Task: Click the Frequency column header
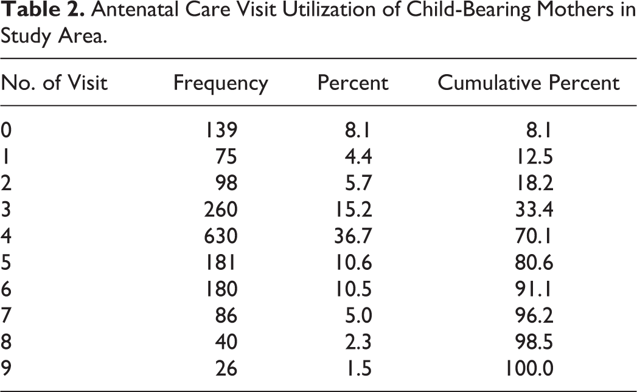tap(221, 84)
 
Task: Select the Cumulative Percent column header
tap(529, 83)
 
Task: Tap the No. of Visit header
tap(54, 83)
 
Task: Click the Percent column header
tap(353, 83)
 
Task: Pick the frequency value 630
tap(221, 236)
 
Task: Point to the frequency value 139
tap(221, 130)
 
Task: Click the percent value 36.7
tap(353, 236)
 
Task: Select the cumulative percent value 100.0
tap(529, 368)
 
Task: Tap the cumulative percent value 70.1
tap(534, 236)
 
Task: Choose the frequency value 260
tap(221, 210)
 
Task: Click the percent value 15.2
tap(353, 210)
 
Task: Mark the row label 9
tap(5, 368)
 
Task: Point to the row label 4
tap(5, 236)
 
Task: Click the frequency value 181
tap(221, 263)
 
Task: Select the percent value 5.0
tap(358, 315)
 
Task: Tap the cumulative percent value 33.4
tap(534, 210)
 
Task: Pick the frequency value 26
tap(226, 368)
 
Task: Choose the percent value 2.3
tap(358, 342)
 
